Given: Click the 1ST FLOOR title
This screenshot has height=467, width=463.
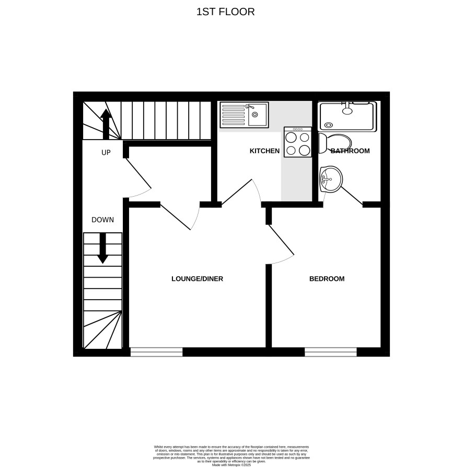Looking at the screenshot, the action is coord(225,12).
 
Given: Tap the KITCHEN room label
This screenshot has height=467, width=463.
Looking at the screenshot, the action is coord(264,151).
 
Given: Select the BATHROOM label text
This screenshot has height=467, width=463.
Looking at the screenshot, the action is coord(350,151).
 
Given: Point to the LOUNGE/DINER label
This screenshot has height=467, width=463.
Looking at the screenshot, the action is coord(198,279).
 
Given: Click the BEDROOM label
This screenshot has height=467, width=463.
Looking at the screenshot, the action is coord(327,279).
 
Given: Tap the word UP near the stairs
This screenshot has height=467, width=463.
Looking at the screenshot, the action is coord(106,153).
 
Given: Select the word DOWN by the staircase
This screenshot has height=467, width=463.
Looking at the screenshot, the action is coord(102,220).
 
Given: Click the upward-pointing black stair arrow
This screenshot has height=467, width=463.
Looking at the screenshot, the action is coord(106,124).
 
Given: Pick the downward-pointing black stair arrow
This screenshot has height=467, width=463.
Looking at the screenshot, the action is coord(103,248).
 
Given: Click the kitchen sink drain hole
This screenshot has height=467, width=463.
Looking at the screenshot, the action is coord(254,115).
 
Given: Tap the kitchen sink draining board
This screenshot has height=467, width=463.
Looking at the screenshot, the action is coord(234,115).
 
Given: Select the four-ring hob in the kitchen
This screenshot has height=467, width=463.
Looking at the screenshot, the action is coord(297,142).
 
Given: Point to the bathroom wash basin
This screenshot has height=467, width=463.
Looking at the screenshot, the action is coord(331,179).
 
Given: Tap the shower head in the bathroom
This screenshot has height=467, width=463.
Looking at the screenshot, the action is coord(347,110).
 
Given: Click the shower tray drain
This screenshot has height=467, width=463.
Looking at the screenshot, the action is coord(329,125).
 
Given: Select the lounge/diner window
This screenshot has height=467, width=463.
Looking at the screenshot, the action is coord(157,352).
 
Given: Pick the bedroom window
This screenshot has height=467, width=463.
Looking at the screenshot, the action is coord(331,352).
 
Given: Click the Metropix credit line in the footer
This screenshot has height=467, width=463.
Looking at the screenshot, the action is coord(231,464).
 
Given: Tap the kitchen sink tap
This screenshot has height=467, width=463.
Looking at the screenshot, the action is coord(250,107).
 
